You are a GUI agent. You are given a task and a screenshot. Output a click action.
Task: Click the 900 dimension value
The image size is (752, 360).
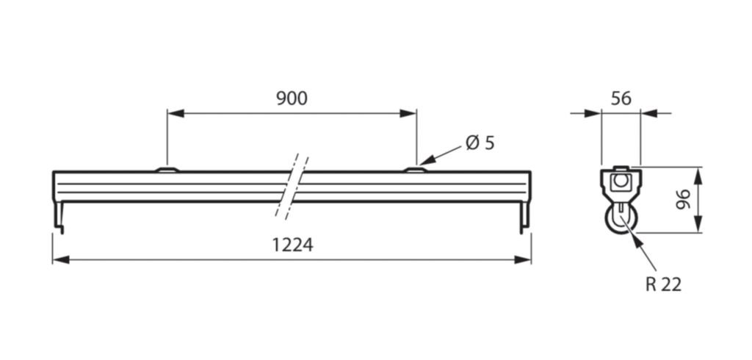tap(292, 98)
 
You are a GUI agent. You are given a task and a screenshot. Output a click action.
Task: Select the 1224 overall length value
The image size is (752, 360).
tap(293, 245)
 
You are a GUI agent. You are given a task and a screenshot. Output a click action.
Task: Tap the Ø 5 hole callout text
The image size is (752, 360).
tap(480, 143)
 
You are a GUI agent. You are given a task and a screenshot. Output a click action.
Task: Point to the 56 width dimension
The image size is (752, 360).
tap(621, 98)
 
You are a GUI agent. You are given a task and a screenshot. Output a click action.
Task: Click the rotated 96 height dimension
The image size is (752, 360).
tap(682, 200)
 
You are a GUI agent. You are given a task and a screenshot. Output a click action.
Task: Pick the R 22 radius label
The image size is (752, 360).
tap(663, 284)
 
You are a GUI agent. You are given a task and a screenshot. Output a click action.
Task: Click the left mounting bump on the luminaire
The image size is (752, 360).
tap(167, 169)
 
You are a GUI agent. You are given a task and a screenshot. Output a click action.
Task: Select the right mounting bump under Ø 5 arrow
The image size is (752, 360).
tap(415, 169)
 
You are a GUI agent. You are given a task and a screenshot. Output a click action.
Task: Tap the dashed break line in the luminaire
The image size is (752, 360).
tap(292, 187)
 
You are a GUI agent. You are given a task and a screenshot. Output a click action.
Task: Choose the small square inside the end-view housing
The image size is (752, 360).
tap(621, 181)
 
